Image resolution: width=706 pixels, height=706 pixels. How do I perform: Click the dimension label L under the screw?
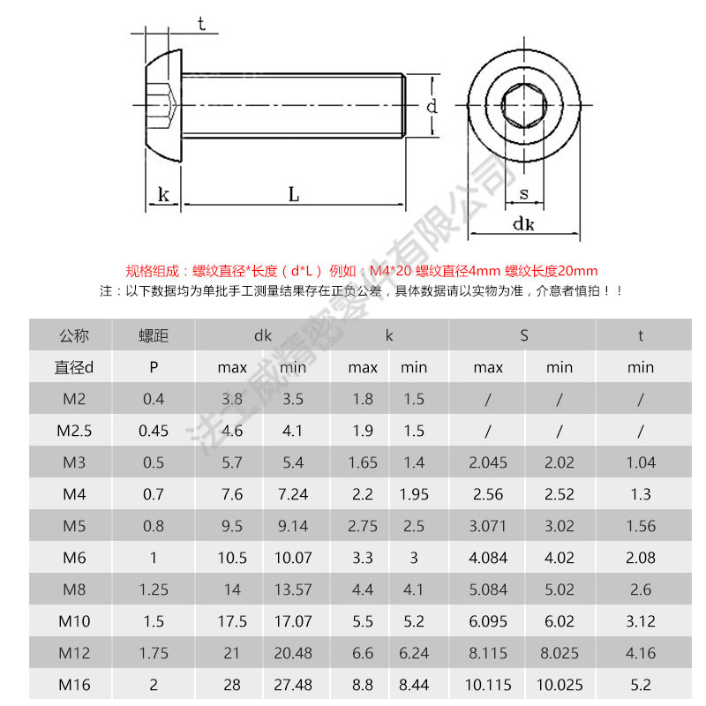[x=294, y=194]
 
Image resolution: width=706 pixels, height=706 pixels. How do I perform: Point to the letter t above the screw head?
[x=202, y=25]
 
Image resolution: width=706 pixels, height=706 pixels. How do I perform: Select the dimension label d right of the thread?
[x=432, y=108]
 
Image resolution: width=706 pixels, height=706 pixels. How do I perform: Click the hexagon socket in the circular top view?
[x=523, y=107]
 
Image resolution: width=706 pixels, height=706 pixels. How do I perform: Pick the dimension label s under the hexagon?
[x=523, y=193]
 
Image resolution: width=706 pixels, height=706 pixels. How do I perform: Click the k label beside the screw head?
[x=163, y=194]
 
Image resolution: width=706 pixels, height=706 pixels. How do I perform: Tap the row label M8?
[x=75, y=590]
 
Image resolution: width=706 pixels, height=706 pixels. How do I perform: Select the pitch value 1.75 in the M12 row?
[x=154, y=653]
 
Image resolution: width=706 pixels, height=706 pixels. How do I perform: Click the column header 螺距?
[x=154, y=335]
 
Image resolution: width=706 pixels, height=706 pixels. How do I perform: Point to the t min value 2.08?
[x=641, y=558]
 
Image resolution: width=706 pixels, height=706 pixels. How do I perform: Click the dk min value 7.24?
[x=293, y=494]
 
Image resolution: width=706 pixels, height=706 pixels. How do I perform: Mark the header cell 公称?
[x=75, y=335]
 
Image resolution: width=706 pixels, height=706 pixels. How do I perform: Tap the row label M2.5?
[x=75, y=431]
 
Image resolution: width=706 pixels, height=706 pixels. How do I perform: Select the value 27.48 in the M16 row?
[x=293, y=685]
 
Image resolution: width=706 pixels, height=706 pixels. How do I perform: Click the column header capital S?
[x=523, y=335]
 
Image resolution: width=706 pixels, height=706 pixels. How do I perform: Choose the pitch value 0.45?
[x=154, y=431]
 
